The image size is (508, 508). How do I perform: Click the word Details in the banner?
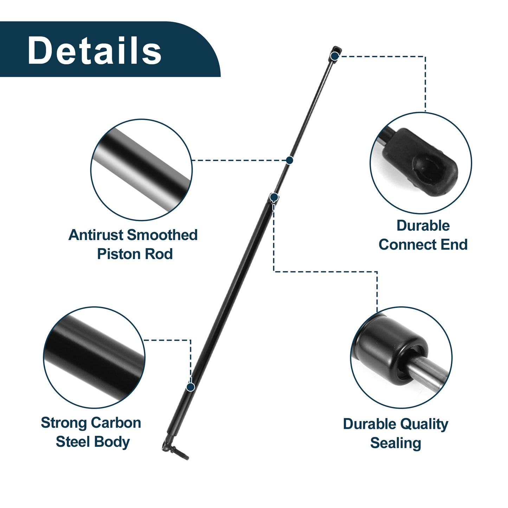[x=94, y=50]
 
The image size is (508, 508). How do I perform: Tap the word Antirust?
[x=96, y=235]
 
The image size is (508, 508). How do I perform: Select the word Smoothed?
[x=162, y=235]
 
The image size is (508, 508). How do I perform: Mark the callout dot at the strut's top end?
[x=335, y=56]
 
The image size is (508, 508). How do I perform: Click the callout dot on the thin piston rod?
[x=289, y=160]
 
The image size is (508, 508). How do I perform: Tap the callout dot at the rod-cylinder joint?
[x=274, y=197]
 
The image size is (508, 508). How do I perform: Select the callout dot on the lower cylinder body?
[x=190, y=387]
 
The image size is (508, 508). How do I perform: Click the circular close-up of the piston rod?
[x=142, y=170]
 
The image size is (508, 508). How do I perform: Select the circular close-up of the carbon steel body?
[x=94, y=357]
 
